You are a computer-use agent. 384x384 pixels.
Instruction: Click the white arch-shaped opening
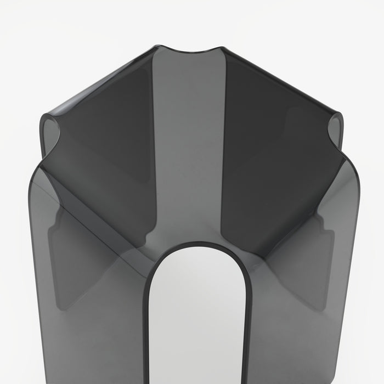tap(197, 318)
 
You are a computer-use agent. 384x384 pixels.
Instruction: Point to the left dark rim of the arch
tap(148, 318)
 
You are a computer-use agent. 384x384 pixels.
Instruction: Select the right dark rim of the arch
tap(248, 318)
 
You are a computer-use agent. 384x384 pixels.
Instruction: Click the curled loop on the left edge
tap(50, 132)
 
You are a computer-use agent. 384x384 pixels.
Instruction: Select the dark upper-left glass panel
tap(110, 132)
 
